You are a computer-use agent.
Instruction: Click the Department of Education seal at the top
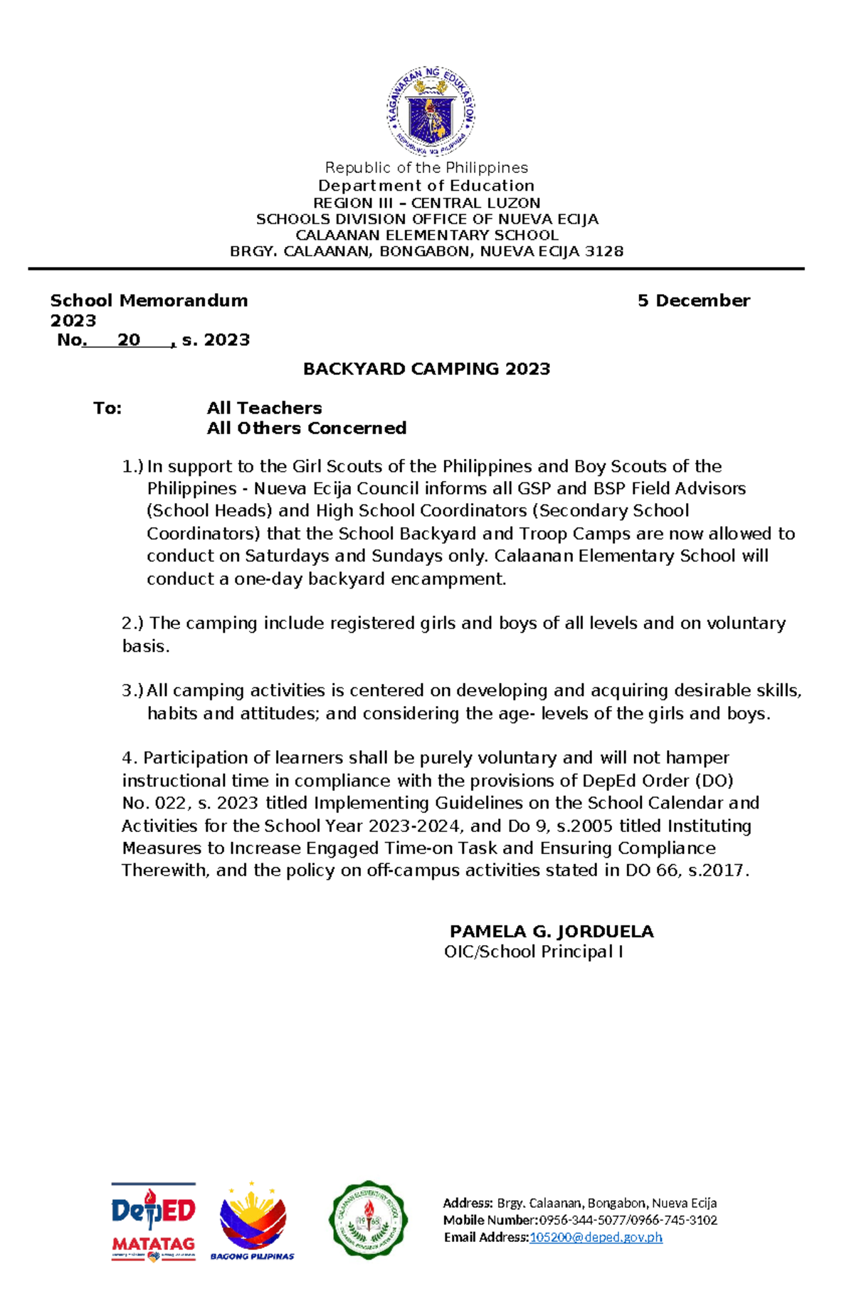430,111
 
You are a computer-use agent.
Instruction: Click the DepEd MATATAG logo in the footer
153,1221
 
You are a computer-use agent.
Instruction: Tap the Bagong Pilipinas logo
253,1221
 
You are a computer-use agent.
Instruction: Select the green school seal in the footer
368,1220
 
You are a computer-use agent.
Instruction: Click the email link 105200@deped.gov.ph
596,1237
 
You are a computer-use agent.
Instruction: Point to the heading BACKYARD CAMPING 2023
426,369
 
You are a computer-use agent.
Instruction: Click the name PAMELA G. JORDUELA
552,932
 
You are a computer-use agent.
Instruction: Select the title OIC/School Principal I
533,952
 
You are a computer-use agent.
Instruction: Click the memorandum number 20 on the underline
129,340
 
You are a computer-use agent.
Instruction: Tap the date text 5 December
693,300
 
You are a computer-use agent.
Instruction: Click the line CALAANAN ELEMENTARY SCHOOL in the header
426,235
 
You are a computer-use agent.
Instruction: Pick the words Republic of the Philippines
426,168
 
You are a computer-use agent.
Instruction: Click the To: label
107,408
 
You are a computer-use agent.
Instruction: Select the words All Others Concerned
306,428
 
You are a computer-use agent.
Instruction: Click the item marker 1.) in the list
132,467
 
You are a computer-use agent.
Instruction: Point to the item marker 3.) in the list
132,690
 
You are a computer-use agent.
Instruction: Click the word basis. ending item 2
146,646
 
